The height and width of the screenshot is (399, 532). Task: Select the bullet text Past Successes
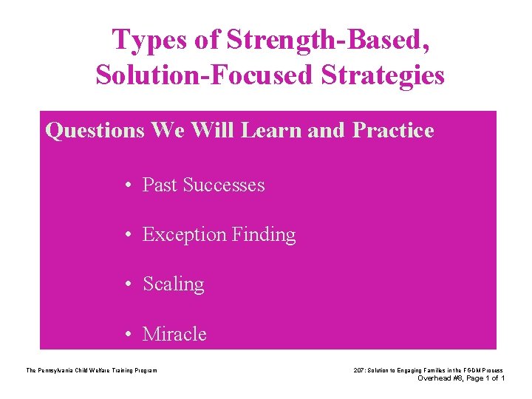tap(203, 185)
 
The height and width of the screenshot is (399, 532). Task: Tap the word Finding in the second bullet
tap(264, 235)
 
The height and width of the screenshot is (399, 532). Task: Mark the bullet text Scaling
tap(173, 284)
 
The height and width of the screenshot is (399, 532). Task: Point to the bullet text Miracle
tap(174, 334)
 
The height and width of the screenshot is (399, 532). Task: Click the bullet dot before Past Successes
tap(129, 185)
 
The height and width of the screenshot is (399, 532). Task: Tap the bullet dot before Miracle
tap(129, 335)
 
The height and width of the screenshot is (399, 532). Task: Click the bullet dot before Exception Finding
tap(129, 236)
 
